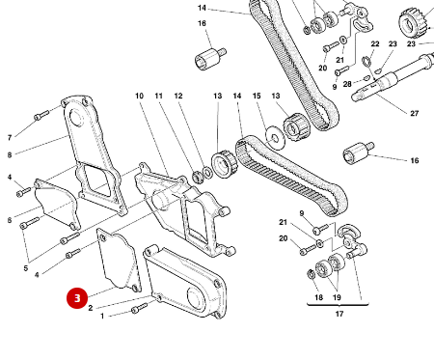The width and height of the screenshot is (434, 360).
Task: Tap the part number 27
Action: (415, 114)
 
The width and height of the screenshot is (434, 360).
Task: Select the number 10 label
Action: (139, 96)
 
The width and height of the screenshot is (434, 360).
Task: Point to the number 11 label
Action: (158, 96)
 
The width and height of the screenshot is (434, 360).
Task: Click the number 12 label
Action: (178, 96)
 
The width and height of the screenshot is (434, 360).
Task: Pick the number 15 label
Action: (257, 96)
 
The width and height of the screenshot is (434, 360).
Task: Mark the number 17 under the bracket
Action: (339, 314)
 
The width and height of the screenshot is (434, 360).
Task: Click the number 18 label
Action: (318, 298)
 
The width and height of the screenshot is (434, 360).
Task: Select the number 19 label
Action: (337, 298)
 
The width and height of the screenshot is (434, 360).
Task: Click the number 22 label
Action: (375, 44)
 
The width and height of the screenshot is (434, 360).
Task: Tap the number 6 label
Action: (10, 221)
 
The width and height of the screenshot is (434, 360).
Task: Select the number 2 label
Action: (90, 308)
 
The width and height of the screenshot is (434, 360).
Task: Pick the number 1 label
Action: (99, 316)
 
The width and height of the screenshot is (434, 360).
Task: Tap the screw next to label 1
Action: (139, 309)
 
